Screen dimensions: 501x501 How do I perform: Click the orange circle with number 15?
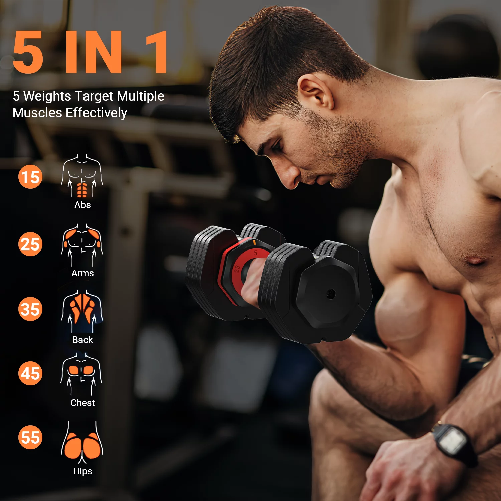pos(30,177)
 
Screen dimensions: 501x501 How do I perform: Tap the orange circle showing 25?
pos(30,244)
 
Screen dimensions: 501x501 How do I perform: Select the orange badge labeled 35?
pos(30,309)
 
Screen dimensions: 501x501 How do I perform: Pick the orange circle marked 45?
pos(30,373)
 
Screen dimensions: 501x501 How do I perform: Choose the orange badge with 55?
pos(30,437)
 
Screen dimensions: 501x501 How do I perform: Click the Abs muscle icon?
pos(82,176)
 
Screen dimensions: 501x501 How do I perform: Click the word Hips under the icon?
pos(82,471)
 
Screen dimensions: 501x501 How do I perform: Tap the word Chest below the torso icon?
pos(82,403)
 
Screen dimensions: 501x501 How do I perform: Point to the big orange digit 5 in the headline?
pos(28,52)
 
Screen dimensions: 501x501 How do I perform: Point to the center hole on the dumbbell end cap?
pos(331,294)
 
